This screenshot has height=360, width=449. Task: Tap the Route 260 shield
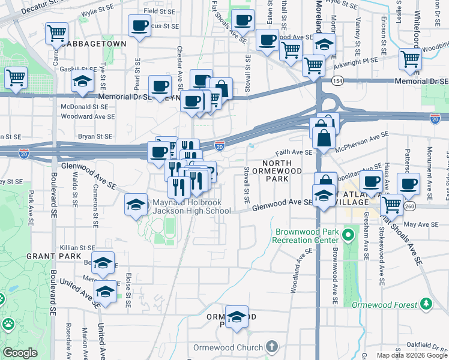pos(410,206)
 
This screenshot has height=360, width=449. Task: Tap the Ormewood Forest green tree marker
pos(426,304)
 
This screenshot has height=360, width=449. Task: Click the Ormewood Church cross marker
pos(272,347)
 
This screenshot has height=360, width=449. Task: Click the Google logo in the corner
pos(20,353)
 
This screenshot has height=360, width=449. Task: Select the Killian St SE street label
pos(77,247)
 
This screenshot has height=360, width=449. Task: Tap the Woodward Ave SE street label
pos(88,116)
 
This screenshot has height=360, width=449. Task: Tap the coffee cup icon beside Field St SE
pos(139,25)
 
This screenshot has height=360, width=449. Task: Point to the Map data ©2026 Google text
pos(412,355)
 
